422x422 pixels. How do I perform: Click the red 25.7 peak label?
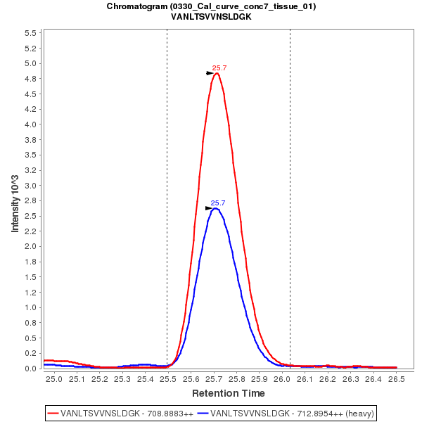pos(219,68)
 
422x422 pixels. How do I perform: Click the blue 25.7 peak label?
pos(218,203)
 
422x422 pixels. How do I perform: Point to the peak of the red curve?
pos(217,73)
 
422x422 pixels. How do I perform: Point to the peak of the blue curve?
pos(216,208)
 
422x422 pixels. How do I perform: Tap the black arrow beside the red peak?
pos(210,72)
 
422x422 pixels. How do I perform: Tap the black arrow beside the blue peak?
pos(209,208)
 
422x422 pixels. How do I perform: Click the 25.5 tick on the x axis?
pos(167,379)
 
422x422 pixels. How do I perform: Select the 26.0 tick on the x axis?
pos(282,379)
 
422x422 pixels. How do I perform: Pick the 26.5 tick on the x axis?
pos(397,379)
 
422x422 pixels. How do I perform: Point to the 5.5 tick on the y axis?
pos(30,33)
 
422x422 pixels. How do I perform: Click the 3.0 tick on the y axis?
pos(30,186)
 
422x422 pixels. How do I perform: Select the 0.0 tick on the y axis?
pos(30,369)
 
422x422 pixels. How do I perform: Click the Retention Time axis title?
pos(229,393)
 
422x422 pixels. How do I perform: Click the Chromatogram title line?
pos(211,6)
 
